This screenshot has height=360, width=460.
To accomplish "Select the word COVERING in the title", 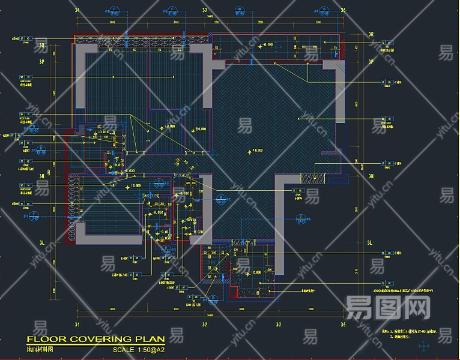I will [97, 340].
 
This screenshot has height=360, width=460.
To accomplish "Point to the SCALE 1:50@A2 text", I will [139, 349].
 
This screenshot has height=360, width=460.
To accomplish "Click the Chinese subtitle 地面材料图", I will [40, 349].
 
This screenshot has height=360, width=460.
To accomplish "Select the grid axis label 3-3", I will [279, 325].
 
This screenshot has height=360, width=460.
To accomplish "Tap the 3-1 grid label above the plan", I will [76, 10].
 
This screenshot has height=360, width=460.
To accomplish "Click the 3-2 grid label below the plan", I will [204, 325].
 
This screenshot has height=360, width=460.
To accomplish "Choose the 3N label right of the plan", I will [371, 176].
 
